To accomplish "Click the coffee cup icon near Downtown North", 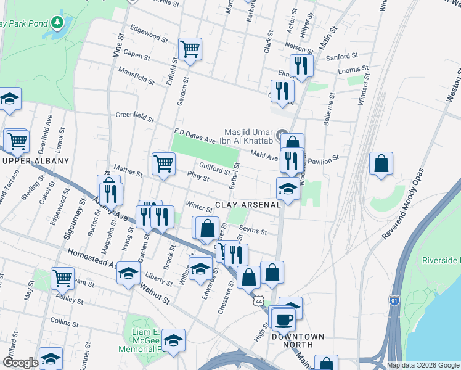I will (x=284, y=319).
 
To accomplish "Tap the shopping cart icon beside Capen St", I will (x=190, y=47).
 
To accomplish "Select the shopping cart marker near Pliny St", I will (x=163, y=163).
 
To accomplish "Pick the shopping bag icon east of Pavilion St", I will (x=381, y=163).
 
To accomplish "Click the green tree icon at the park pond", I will (x=57, y=23).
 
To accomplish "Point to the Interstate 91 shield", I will (x=394, y=300).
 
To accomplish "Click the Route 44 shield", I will (x=258, y=300).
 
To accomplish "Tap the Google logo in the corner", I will (x=20, y=363).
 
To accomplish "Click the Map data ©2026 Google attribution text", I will (x=423, y=365).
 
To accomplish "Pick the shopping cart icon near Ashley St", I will (x=62, y=278).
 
